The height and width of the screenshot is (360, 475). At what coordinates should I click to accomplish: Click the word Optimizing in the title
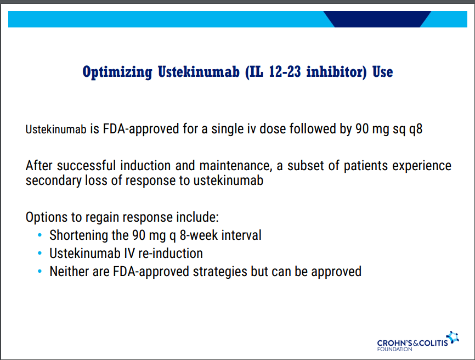117,72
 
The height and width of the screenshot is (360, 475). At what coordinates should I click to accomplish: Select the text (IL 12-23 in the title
273,72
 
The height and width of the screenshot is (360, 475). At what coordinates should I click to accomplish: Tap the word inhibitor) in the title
337,72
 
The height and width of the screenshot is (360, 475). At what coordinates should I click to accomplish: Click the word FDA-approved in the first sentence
141,129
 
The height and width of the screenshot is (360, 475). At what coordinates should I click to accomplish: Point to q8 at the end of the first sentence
416,130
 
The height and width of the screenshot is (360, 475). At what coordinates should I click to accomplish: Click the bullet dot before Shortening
39,235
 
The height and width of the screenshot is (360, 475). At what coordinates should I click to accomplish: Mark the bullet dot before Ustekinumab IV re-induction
39,253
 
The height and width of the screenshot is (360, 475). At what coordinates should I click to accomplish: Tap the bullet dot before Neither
39,271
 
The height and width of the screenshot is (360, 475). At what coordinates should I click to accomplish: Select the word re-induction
171,254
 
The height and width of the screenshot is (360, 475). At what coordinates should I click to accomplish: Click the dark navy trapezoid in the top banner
377,19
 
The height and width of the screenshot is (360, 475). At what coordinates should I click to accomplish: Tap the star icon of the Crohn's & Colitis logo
453,337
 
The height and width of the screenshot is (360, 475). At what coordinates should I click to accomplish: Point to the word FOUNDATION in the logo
394,349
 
